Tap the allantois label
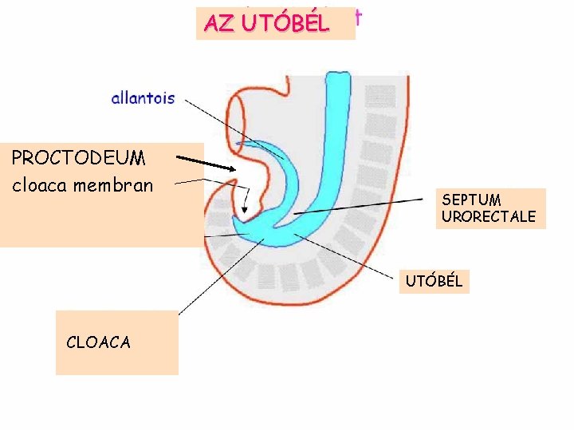click(x=143, y=99)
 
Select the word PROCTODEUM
click(x=78, y=158)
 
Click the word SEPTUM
click(x=471, y=200)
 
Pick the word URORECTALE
click(x=488, y=217)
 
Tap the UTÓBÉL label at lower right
click(x=434, y=282)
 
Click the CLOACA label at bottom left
click(x=99, y=342)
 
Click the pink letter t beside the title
click(x=360, y=18)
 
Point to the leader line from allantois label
click(x=231, y=125)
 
